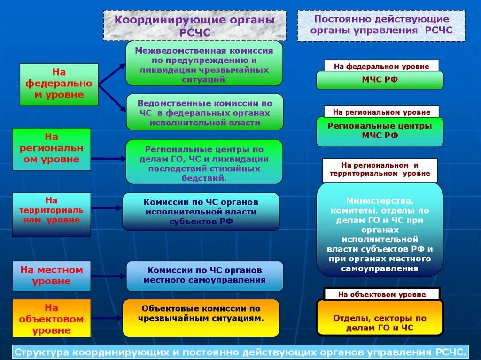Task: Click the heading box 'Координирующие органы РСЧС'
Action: (x=194, y=26)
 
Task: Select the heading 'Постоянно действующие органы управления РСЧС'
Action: (x=381, y=25)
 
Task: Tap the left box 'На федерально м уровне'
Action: (x=59, y=84)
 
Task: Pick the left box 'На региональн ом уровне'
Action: (x=51, y=149)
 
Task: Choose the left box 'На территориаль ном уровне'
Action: (x=51, y=214)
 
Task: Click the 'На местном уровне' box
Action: (x=51, y=276)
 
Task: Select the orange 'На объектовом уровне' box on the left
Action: (x=51, y=319)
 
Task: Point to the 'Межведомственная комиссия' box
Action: (x=204, y=63)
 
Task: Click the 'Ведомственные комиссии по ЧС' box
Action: (x=204, y=112)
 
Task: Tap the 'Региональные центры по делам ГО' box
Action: (x=204, y=161)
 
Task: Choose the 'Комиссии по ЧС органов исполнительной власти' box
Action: (x=201, y=212)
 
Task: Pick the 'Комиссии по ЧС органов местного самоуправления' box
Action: (x=204, y=276)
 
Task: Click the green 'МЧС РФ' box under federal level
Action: (x=380, y=80)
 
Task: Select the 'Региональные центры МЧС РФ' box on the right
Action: (x=380, y=131)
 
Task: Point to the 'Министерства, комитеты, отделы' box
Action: (x=380, y=230)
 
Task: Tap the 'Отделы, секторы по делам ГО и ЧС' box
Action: (x=380, y=318)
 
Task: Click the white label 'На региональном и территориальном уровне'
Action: (x=380, y=170)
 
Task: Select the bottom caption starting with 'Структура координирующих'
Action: (x=240, y=352)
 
